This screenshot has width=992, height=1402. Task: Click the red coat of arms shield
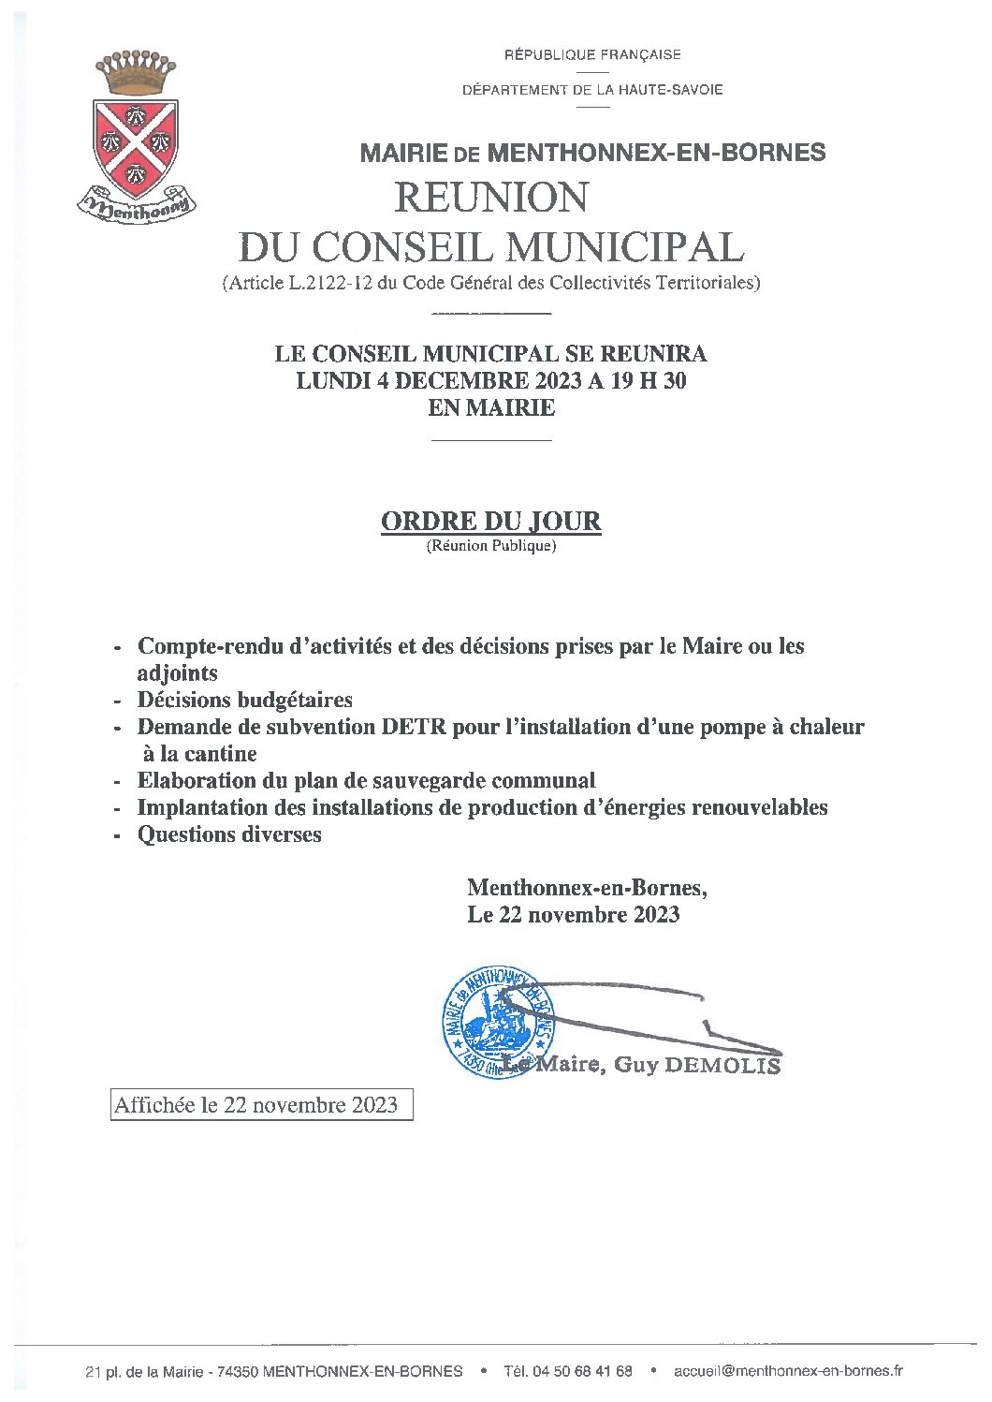pyautogui.click(x=137, y=146)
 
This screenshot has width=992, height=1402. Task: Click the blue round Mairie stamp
pyautogui.click(x=499, y=1022)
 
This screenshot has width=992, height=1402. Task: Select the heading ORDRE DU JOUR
pyautogui.click(x=490, y=522)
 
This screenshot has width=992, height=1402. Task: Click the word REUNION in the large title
pyautogui.click(x=491, y=198)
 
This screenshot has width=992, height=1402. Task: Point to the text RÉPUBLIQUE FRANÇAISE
pyautogui.click(x=592, y=55)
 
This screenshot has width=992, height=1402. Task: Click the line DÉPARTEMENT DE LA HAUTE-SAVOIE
pyautogui.click(x=592, y=91)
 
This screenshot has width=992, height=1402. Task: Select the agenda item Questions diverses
pyautogui.click(x=229, y=834)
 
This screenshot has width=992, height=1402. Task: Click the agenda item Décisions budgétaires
pyautogui.click(x=244, y=700)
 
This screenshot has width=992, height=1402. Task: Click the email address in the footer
pyautogui.click(x=788, y=1371)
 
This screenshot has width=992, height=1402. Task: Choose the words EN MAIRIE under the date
pyautogui.click(x=491, y=408)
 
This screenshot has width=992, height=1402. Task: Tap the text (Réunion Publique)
pyautogui.click(x=491, y=546)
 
